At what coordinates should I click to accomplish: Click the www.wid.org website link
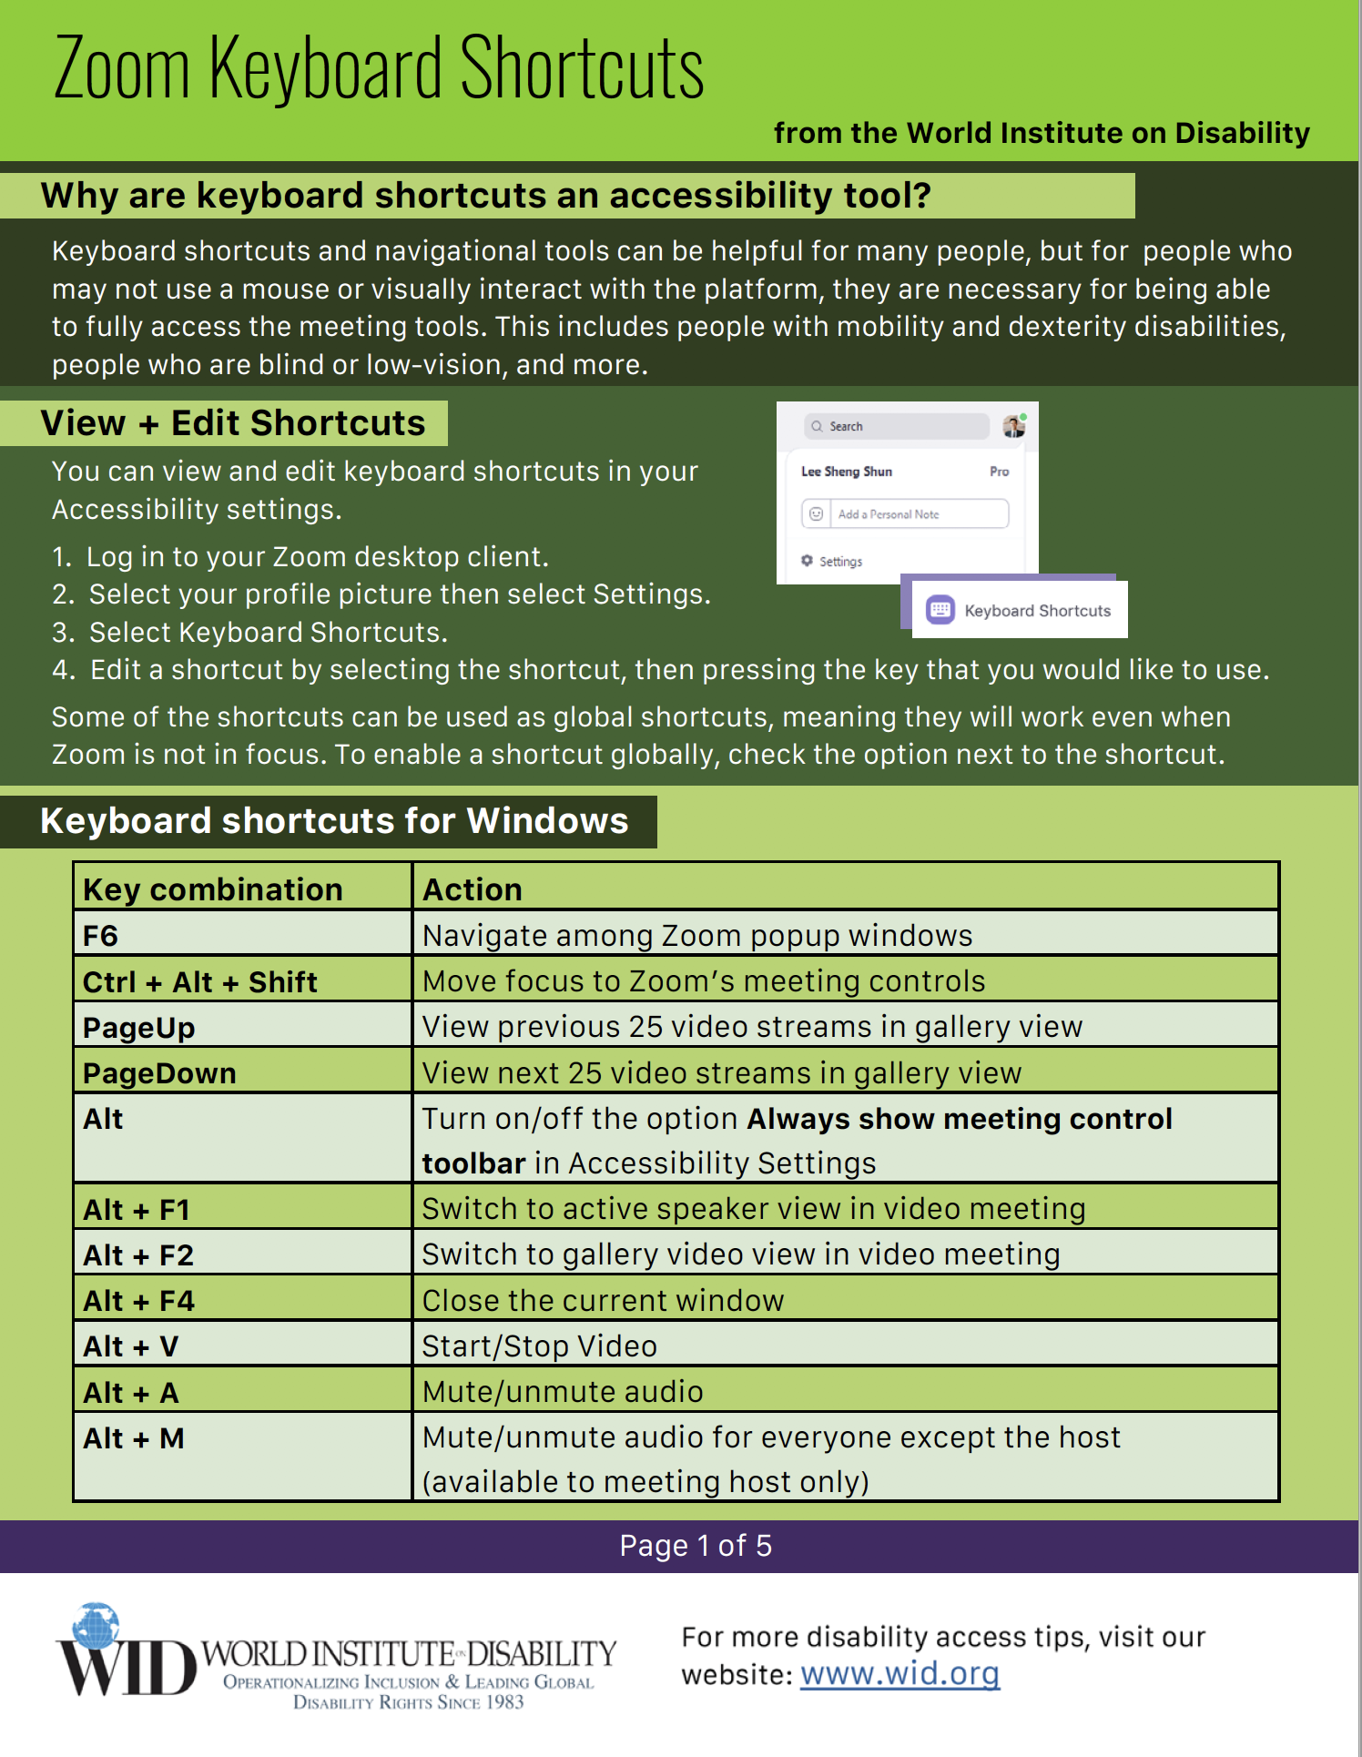click(900, 1673)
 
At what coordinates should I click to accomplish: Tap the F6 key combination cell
click(242, 936)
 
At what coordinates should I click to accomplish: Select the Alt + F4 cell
click(242, 1300)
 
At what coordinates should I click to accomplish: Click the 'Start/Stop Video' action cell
click(845, 1346)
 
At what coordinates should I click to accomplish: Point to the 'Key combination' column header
click(242, 889)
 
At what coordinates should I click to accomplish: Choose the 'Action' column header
click(845, 889)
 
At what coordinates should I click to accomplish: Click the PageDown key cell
click(242, 1072)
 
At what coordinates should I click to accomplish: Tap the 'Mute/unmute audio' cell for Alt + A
click(845, 1391)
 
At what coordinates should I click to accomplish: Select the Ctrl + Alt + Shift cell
click(242, 981)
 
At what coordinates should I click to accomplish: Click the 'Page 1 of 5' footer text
click(696, 1546)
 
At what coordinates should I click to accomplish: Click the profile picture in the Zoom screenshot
click(1013, 426)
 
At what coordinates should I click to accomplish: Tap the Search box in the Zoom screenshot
click(896, 426)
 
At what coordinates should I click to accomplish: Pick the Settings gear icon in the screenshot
click(807, 561)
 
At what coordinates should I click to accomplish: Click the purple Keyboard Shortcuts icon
click(940, 610)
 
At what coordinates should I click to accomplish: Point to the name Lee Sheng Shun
click(847, 472)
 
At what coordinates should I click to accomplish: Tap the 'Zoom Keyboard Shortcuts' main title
click(379, 67)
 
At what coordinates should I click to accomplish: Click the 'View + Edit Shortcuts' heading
click(233, 423)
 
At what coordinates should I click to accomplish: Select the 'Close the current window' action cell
click(845, 1300)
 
